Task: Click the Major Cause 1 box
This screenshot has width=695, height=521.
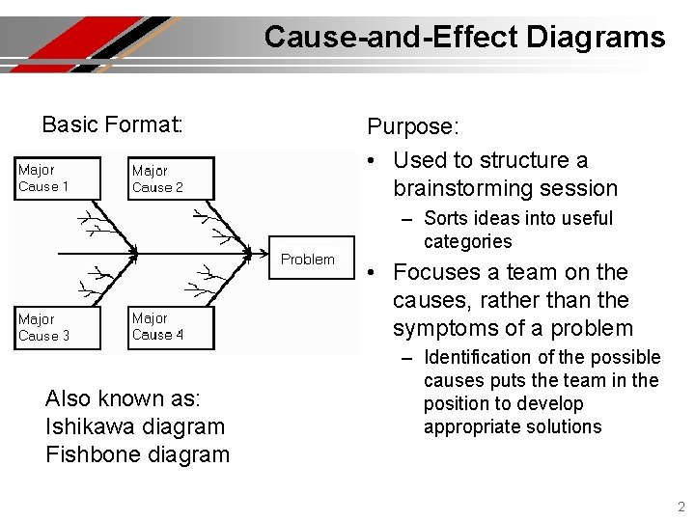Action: pos(57,178)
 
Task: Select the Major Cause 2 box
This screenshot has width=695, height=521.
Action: pos(169,179)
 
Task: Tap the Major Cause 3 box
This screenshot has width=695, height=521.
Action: pos(57,328)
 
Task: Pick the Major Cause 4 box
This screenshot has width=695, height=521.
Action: pos(170,327)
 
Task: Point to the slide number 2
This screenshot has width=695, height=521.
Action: pos(681,507)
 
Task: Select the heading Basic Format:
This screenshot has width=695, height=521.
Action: pos(112,124)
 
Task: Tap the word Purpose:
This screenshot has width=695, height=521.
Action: pos(413,126)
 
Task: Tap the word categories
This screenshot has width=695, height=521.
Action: pos(467,241)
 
